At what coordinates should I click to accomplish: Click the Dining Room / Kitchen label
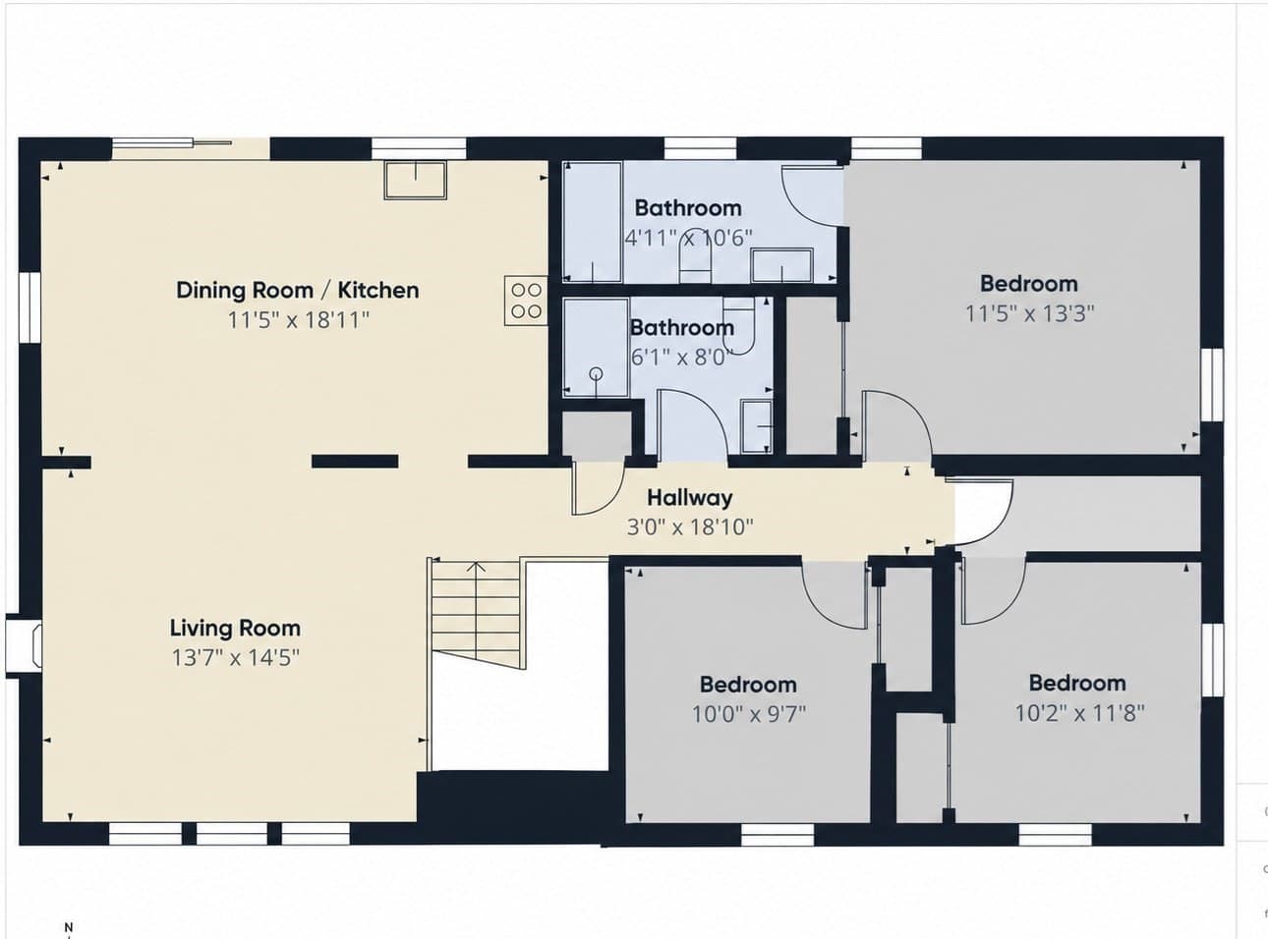pos(297,291)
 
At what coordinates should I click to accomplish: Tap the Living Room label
pos(235,628)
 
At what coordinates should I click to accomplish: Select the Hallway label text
pos(689,498)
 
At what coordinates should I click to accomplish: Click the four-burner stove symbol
pos(525,301)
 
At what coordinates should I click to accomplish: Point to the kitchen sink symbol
pos(416,180)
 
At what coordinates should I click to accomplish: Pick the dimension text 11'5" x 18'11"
pos(299,320)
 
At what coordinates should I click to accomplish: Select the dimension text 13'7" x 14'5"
pos(236,658)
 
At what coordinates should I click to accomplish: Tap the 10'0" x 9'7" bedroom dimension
pos(749,714)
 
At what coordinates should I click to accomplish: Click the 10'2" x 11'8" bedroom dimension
pos(1080,713)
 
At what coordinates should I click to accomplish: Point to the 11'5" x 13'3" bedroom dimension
pos(1029,313)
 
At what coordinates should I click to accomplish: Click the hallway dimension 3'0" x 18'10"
pos(690,526)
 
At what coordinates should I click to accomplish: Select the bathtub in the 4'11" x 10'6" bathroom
pos(593,222)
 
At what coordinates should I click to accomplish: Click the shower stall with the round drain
pos(596,348)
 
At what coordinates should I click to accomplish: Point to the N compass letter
pos(69,926)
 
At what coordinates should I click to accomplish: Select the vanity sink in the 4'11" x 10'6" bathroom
pos(781,265)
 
